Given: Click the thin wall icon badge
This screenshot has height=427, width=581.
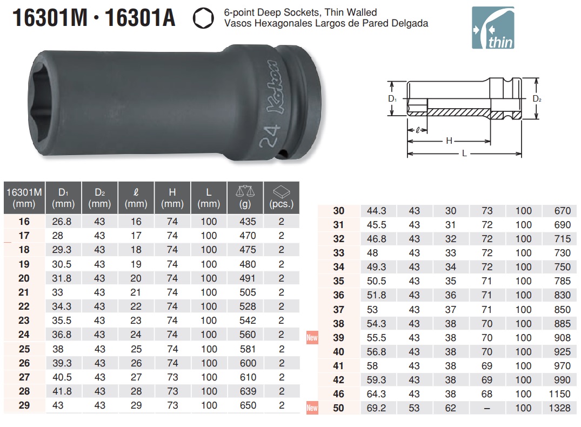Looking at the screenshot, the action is click(x=493, y=28).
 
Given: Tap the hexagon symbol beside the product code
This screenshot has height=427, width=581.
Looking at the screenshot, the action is click(x=203, y=18).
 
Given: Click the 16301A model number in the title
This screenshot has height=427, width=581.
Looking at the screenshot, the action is click(x=140, y=18).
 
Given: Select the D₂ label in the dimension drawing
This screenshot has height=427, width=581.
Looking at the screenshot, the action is click(x=537, y=98).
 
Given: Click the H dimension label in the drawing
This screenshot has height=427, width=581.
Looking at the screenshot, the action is click(x=449, y=141).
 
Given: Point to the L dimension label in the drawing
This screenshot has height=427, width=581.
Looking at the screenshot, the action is click(x=464, y=153).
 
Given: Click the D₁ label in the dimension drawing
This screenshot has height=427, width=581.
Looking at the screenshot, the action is click(x=392, y=98).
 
